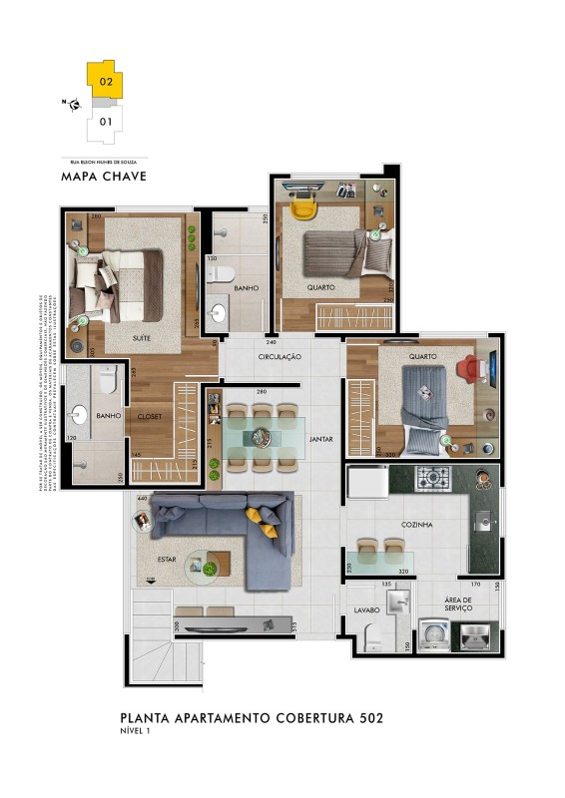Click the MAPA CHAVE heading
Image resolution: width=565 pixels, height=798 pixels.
(x=104, y=177)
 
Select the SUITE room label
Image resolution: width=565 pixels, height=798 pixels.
(x=142, y=338)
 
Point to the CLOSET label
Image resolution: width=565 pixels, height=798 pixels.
(x=150, y=415)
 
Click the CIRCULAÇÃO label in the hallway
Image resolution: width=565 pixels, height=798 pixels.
(x=280, y=356)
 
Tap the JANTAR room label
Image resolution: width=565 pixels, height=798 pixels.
(x=320, y=438)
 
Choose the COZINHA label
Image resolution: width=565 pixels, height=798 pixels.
(x=417, y=524)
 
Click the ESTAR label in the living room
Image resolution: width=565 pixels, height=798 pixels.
(x=167, y=560)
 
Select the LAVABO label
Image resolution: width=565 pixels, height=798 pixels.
(x=363, y=607)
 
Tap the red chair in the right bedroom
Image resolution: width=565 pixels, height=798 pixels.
(x=467, y=368)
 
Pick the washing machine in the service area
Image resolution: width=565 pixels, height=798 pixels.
(x=431, y=633)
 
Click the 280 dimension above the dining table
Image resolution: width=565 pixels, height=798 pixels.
(x=262, y=392)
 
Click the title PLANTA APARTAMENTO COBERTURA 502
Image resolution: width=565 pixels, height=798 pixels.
(x=251, y=717)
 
